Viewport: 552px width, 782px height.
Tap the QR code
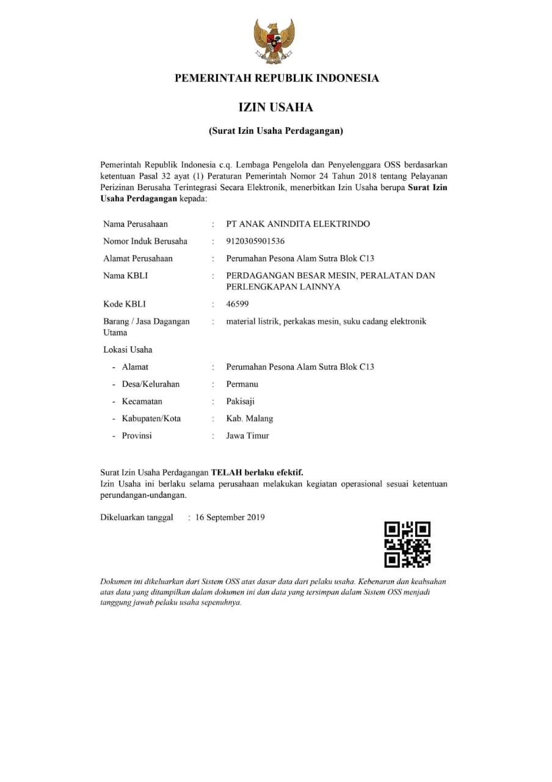point(407,544)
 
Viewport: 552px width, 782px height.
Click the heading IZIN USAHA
point(275,108)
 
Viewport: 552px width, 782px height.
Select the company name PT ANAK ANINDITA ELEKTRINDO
point(298,224)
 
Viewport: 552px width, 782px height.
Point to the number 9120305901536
point(255,241)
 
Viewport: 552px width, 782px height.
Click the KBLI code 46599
point(238,304)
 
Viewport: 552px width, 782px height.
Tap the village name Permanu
point(242,384)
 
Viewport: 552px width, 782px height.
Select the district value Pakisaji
point(241,401)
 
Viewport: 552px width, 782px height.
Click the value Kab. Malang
point(250,418)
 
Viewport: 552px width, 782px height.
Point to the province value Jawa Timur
point(247,436)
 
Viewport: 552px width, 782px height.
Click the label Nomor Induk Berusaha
point(145,241)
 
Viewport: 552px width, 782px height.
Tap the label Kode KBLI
point(125,304)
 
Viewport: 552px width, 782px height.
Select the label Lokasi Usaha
point(128,350)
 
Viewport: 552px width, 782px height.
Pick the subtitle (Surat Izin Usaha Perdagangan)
point(276,131)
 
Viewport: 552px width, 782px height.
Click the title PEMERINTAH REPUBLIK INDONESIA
point(277,78)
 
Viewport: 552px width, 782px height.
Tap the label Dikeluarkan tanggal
point(137,517)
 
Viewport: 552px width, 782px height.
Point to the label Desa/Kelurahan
point(151,384)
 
